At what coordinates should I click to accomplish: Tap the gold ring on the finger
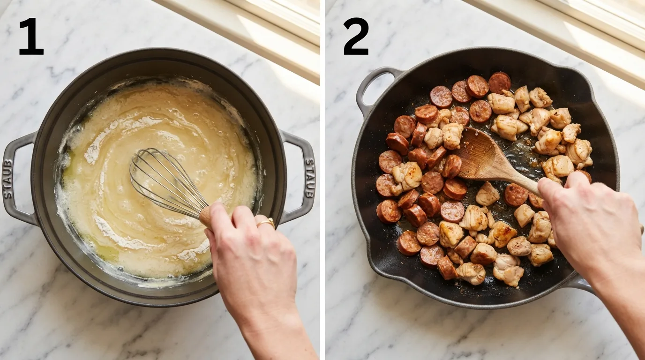(x=265, y=223)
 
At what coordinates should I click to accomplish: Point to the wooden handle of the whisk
(x=207, y=217)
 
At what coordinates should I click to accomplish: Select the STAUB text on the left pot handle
(x=8, y=179)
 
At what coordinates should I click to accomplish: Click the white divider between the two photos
(x=322, y=180)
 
